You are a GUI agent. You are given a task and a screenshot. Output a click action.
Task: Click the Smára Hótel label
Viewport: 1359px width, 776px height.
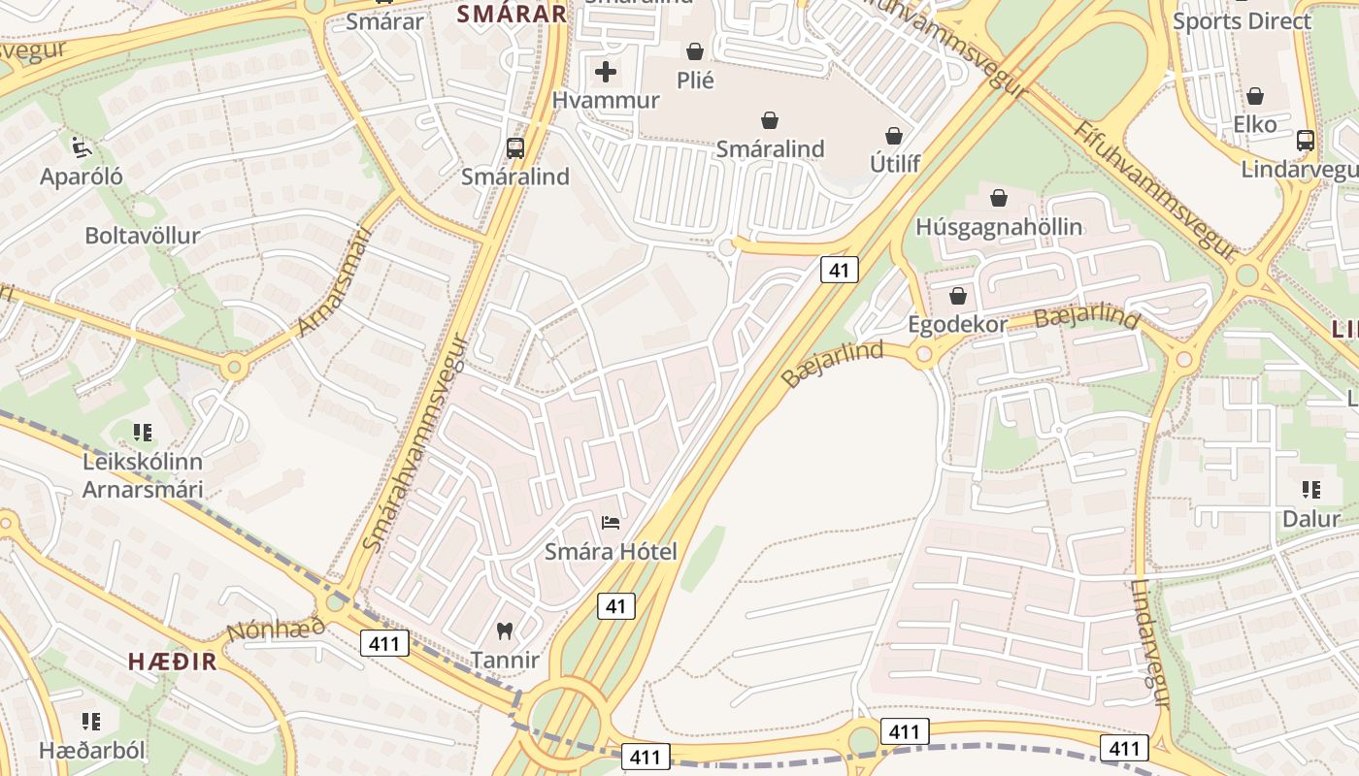tap(611, 552)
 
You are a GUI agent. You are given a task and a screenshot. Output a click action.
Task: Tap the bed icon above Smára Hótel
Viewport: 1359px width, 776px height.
tap(611, 524)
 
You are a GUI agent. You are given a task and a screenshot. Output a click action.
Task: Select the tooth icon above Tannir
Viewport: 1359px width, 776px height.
tap(504, 631)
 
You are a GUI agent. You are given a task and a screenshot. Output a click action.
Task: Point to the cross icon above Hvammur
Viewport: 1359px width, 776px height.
tap(606, 72)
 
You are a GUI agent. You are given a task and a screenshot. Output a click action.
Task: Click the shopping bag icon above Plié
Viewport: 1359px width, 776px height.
tap(695, 50)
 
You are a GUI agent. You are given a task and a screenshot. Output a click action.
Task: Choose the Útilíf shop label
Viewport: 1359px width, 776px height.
tap(894, 164)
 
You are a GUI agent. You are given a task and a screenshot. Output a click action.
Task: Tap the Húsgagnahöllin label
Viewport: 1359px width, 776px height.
tap(999, 227)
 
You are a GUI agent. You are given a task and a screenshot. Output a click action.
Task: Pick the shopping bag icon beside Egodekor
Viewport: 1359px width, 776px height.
tap(958, 296)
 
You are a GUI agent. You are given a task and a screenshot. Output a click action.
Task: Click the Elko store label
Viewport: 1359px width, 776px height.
tap(1254, 124)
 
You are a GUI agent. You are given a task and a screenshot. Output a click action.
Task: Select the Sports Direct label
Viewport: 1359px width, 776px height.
tap(1242, 20)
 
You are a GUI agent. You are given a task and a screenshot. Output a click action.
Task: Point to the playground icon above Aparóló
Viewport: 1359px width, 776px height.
tap(82, 147)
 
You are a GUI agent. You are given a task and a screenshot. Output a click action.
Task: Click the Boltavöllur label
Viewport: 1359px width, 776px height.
tap(142, 235)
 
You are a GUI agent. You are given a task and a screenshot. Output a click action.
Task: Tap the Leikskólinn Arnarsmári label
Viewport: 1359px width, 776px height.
tap(142, 475)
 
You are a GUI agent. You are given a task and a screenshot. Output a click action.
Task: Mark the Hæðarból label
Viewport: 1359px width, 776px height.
tap(91, 750)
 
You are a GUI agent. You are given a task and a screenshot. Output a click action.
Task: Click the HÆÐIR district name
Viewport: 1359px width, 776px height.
tap(172, 662)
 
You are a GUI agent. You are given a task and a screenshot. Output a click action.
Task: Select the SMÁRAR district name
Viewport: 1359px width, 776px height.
tap(511, 14)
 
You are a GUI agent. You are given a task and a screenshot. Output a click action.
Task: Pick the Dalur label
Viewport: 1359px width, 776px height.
tap(1310, 518)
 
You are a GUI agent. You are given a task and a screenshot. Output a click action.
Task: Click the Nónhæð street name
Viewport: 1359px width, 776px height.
tap(276, 630)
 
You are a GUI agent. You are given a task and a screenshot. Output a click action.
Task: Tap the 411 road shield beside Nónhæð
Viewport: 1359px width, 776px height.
tap(384, 642)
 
